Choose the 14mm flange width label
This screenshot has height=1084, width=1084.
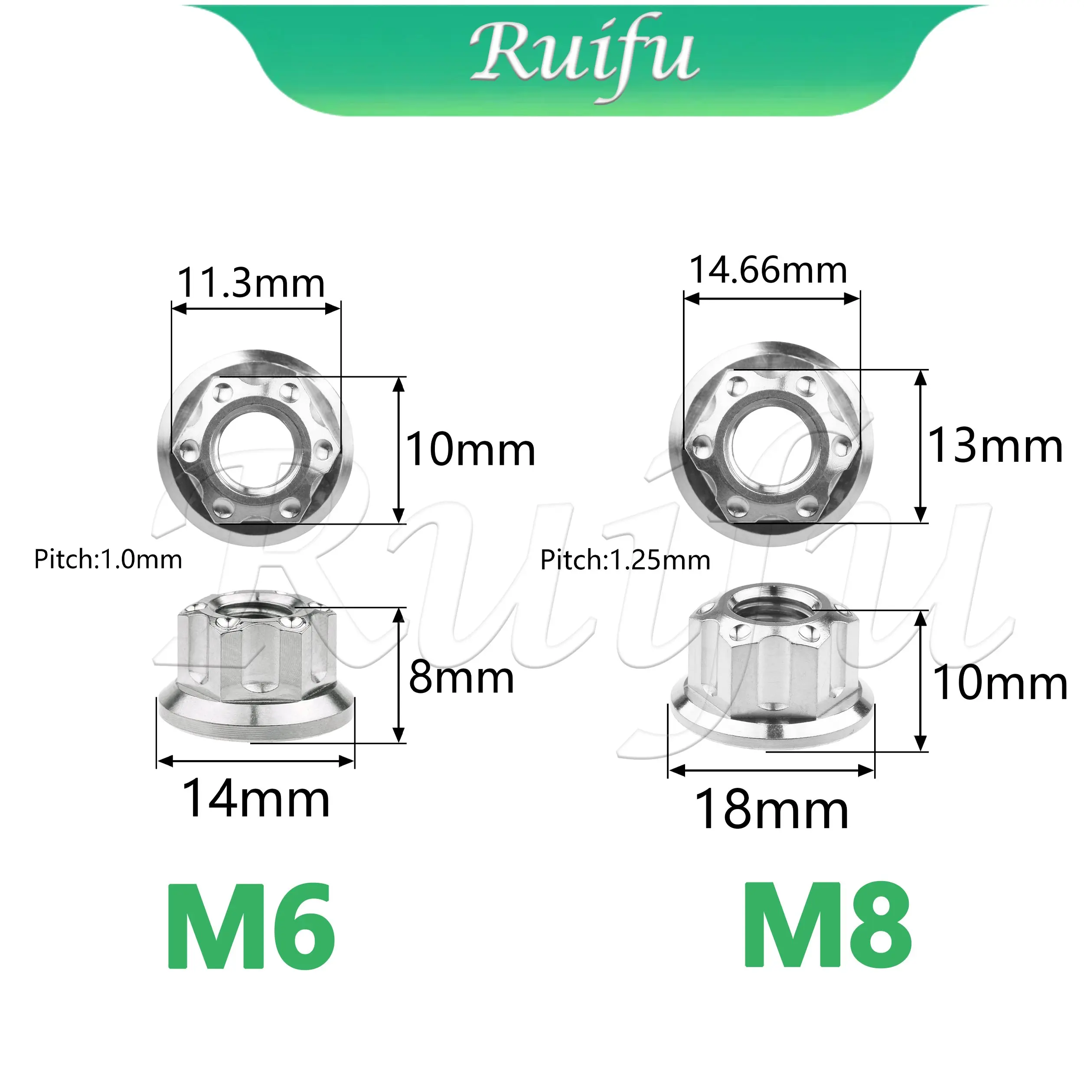(256, 799)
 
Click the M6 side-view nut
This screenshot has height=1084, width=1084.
(255, 668)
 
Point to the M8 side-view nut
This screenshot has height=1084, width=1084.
(771, 668)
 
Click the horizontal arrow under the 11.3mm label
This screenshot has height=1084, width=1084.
(256, 308)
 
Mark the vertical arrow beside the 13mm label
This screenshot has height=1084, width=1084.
(920, 446)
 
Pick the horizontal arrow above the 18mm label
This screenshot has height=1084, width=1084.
(771, 771)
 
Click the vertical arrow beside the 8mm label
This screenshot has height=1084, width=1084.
(398, 675)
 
